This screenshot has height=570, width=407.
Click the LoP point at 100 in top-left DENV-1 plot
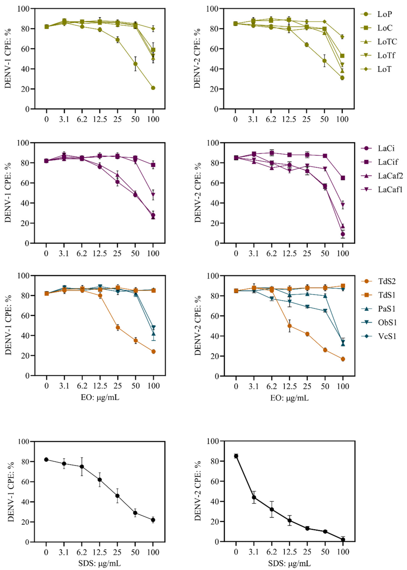click(153, 88)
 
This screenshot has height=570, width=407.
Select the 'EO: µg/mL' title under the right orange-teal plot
click(289, 398)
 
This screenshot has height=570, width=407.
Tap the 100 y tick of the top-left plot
click(24, 9)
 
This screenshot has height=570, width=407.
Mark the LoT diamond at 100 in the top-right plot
click(342, 37)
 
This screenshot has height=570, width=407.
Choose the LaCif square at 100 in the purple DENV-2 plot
click(343, 178)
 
